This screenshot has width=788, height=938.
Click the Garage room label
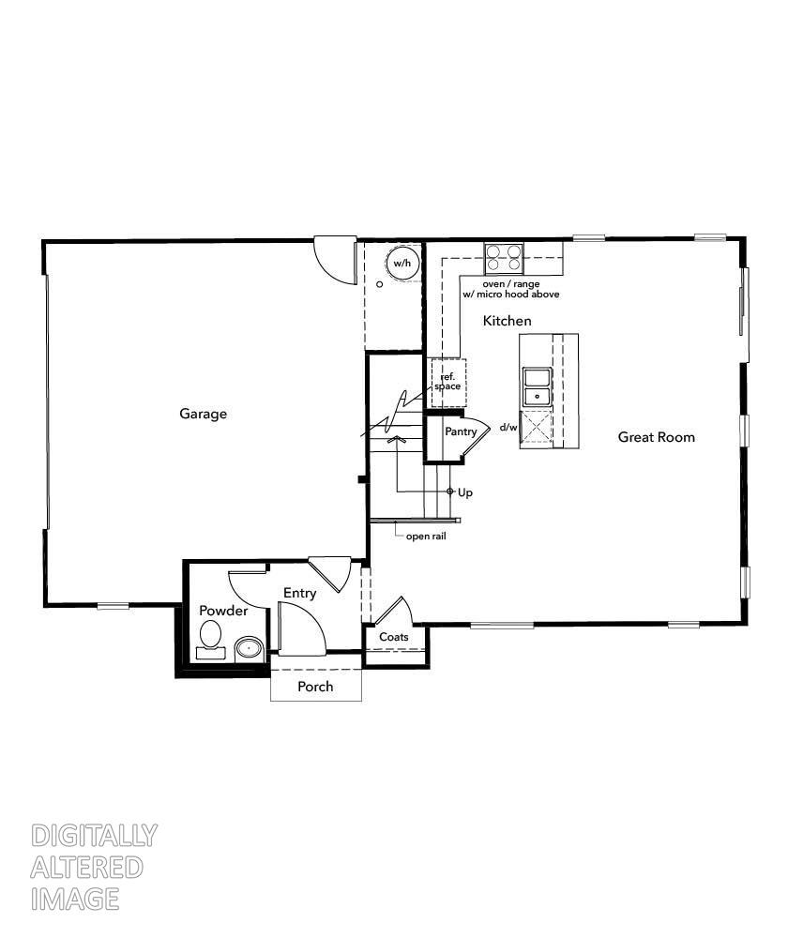pyautogui.click(x=204, y=414)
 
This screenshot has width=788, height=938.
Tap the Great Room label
pyautogui.click(x=657, y=437)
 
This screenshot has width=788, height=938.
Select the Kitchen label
pyautogui.click(x=507, y=321)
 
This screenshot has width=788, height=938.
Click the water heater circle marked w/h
pyautogui.click(x=402, y=264)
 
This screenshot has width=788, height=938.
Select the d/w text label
pyautogui.click(x=508, y=428)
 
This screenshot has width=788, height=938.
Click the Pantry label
pyautogui.click(x=461, y=431)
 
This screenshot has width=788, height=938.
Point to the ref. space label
pyautogui.click(x=447, y=382)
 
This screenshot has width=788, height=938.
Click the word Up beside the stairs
pyautogui.click(x=465, y=492)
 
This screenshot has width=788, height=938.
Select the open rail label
pyautogui.click(x=425, y=537)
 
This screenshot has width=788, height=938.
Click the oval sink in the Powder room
pyautogui.click(x=249, y=647)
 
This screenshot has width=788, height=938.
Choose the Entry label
pyautogui.click(x=300, y=593)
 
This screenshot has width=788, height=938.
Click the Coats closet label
pyautogui.click(x=394, y=637)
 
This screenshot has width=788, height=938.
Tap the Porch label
pyautogui.click(x=315, y=687)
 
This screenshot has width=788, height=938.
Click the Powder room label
pyautogui.click(x=223, y=611)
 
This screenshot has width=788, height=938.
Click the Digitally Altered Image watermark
pyautogui.click(x=94, y=867)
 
